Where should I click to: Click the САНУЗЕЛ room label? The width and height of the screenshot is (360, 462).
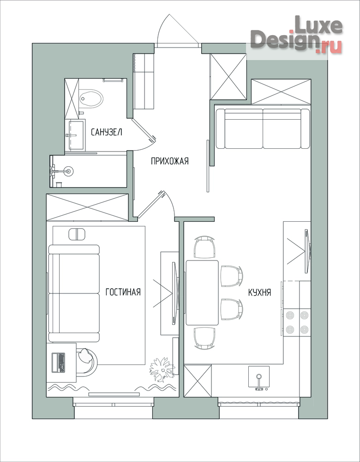pos(107,132)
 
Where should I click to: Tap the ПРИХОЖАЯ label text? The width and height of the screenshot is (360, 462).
pos(169,161)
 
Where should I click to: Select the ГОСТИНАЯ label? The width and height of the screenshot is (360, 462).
pos(123,292)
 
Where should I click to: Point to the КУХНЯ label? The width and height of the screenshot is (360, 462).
pos(260,292)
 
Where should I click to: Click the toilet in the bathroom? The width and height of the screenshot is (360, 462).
pos(91,98)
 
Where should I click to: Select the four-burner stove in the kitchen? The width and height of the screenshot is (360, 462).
pos(297,322)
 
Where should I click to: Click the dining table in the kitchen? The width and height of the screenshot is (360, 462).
pos(202,292)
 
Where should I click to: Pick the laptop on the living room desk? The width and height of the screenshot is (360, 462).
pos(58,362)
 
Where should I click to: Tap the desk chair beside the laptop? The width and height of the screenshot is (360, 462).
pos(88,362)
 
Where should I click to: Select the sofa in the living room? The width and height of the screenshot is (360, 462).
pos(74,293)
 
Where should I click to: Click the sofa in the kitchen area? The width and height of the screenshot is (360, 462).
pos(263,128)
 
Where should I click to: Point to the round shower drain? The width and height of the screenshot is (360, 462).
pos(69,170)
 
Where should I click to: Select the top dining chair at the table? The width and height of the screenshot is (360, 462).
pos(205,247)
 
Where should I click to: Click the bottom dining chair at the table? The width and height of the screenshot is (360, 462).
pos(204,338)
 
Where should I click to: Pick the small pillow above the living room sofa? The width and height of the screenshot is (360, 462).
pos(77,234)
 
